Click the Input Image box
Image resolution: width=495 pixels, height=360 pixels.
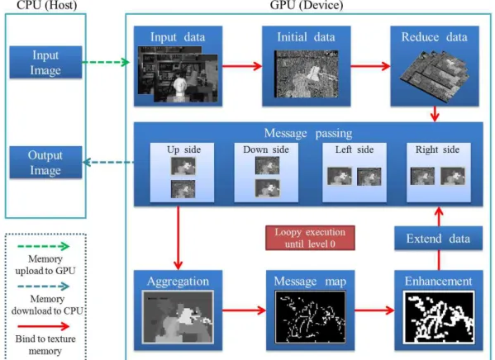[45, 62]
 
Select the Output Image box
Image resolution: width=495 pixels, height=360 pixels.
[45, 162]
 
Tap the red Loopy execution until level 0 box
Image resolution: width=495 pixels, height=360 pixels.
[310, 238]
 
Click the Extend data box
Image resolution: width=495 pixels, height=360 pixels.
[438, 239]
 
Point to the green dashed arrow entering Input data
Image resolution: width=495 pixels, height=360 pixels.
[106, 62]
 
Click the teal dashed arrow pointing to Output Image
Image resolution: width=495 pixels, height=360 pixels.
[108, 162]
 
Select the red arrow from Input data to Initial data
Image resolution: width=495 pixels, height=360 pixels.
[242, 66]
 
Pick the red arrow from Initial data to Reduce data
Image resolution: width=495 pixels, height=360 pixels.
[370, 66]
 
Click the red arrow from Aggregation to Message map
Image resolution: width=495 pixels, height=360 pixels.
[244, 310]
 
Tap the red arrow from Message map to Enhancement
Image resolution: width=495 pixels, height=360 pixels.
[374, 310]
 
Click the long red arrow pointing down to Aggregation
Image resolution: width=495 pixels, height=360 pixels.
[178, 239]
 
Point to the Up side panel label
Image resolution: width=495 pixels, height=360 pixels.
[183, 149]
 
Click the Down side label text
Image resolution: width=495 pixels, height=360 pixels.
[266, 149]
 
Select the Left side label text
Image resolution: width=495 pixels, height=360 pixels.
[355, 149]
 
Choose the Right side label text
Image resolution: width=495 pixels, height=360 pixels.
[437, 149]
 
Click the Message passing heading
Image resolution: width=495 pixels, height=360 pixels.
[308, 133]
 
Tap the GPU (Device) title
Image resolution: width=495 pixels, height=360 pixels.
[307, 5]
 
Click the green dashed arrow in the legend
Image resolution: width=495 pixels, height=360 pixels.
[44, 246]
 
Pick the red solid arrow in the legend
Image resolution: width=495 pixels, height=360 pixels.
[44, 326]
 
